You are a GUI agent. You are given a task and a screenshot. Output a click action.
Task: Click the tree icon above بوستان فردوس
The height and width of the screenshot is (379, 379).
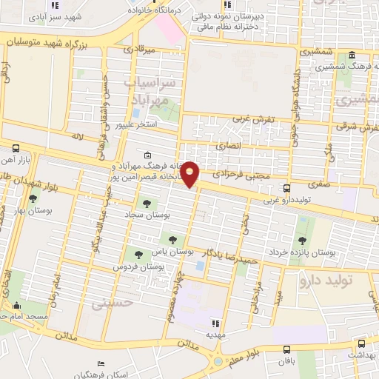(x=138, y=255)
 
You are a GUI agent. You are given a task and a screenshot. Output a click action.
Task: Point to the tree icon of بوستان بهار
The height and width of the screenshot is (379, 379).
(x=32, y=198)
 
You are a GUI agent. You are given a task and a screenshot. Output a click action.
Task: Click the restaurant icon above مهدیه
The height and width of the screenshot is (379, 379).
(x=215, y=323)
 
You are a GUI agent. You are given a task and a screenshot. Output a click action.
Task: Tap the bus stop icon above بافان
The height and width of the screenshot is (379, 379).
(x=286, y=349)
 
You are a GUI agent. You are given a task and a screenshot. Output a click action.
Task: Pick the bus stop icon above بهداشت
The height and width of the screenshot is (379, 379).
(x=360, y=343)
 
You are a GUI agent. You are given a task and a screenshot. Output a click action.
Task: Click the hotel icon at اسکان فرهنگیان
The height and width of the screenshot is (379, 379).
(x=101, y=363)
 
